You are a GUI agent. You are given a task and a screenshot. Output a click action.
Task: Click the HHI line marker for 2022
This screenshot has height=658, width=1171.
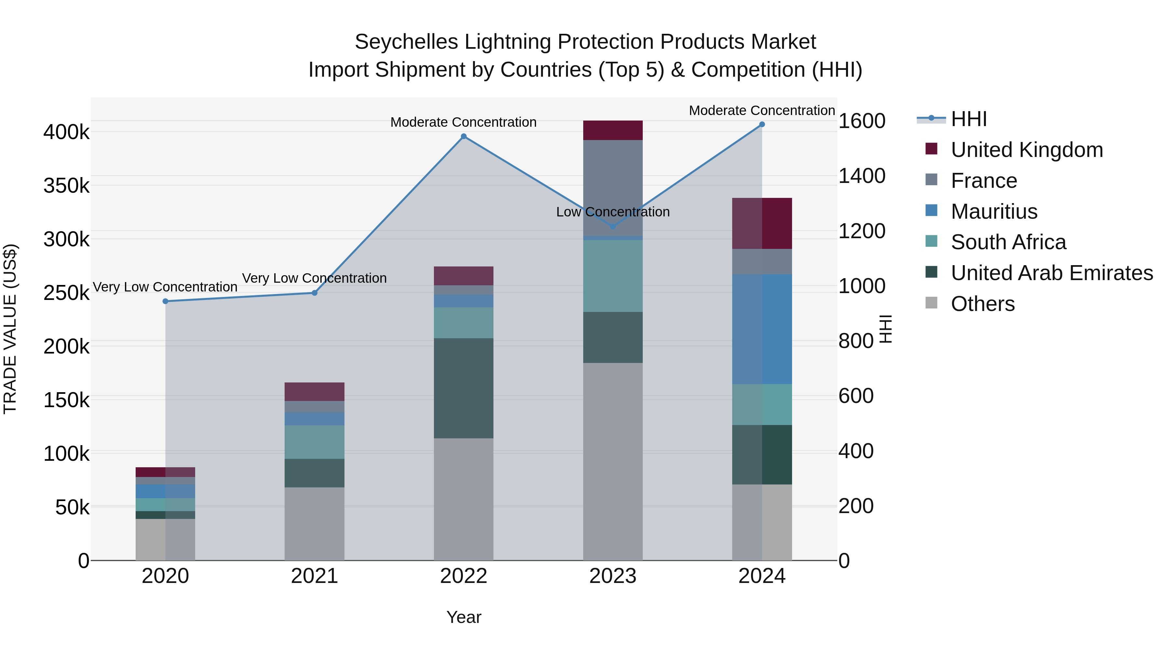(463, 136)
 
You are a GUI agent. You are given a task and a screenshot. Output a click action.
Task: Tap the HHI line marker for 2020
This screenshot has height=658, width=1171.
(166, 301)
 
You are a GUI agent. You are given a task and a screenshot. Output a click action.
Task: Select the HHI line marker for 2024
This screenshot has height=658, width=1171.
(762, 124)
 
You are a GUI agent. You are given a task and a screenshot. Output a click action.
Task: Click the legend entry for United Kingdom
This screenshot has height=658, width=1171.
(1027, 150)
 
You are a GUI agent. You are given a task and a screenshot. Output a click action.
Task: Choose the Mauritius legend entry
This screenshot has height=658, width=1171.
(994, 212)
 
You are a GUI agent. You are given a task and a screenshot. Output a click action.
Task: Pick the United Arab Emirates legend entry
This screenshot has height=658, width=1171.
(1051, 273)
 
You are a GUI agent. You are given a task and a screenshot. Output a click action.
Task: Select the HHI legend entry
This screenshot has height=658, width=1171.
(968, 119)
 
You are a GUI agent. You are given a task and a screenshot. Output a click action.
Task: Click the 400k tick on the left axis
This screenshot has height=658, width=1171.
(66, 132)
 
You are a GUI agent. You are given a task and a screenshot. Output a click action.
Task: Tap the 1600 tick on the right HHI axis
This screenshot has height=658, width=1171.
(861, 121)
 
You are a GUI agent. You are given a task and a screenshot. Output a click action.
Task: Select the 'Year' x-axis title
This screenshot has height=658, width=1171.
(463, 617)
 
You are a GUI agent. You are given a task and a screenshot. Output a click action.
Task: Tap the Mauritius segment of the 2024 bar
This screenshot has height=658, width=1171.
(762, 329)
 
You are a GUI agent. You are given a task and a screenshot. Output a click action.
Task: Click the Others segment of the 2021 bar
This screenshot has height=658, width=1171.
(314, 523)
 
